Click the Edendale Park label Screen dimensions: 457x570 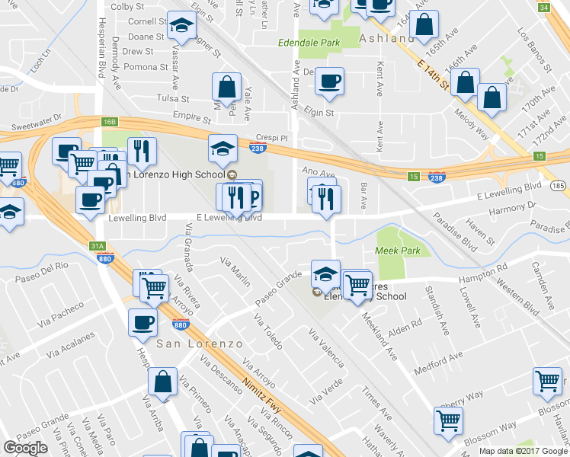(x=309, y=43)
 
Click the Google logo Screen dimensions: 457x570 (x=25, y=448)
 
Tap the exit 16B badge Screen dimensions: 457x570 (x=110, y=122)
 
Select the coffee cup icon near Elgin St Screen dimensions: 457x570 (x=329, y=81)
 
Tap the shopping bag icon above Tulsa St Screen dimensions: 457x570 (x=227, y=86)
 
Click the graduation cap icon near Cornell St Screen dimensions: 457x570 (x=182, y=28)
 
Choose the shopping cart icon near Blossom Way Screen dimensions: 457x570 (x=448, y=420)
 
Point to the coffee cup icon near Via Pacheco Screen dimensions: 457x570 (x=142, y=322)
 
